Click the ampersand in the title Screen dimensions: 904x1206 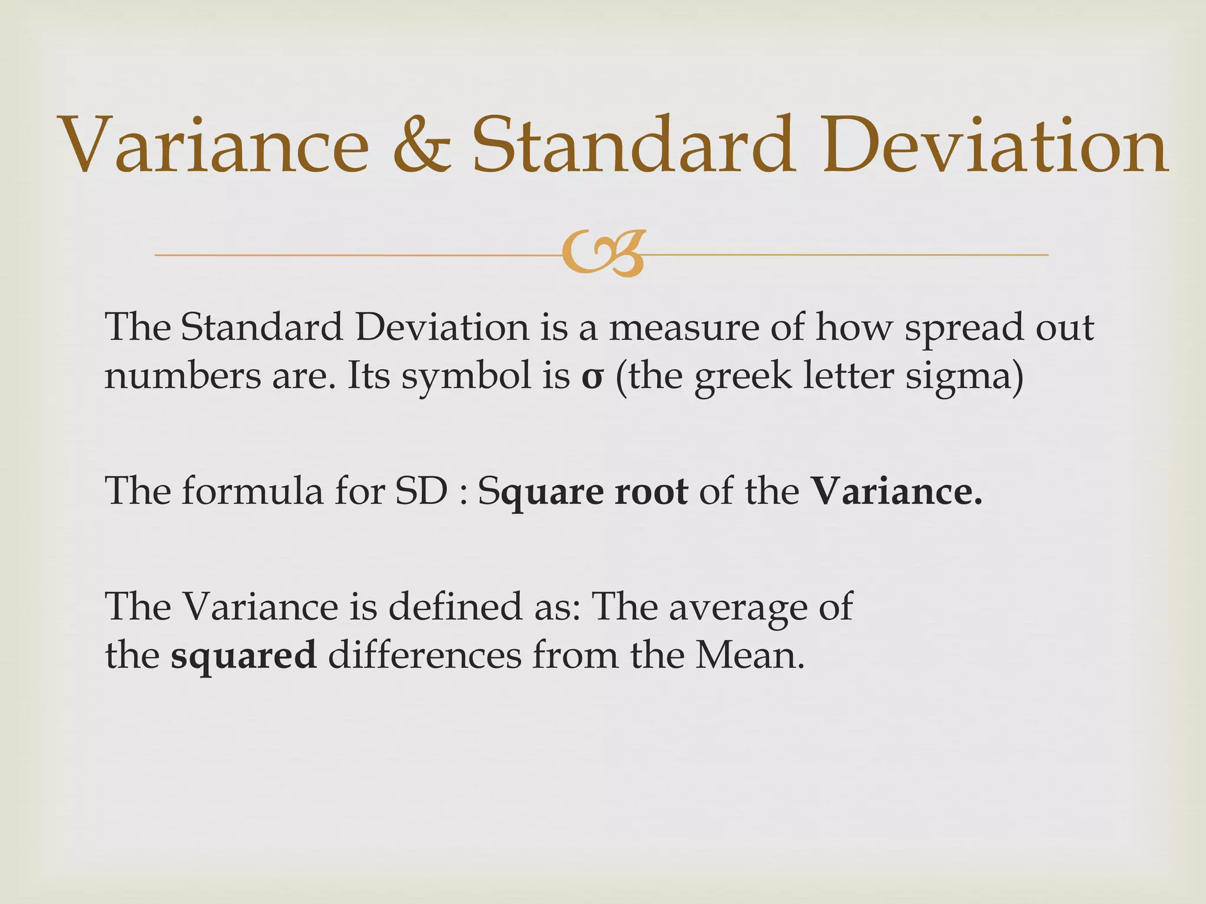[x=422, y=145]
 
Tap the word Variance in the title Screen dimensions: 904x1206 [x=214, y=145]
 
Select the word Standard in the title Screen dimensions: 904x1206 [x=632, y=145]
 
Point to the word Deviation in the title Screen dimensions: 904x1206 [x=995, y=145]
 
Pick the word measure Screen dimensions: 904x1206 [x=683, y=327]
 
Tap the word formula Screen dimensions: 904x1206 [x=252, y=491]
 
